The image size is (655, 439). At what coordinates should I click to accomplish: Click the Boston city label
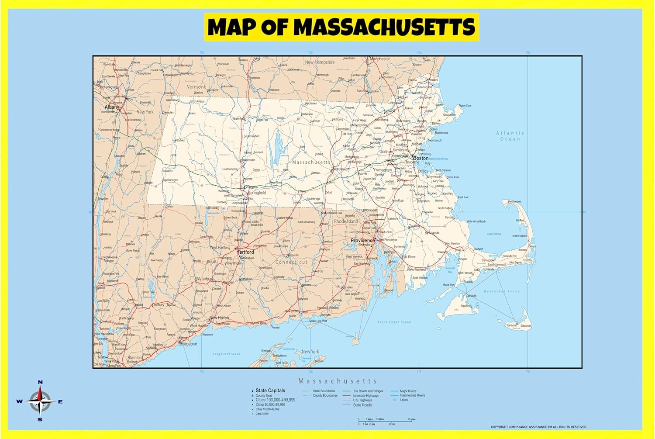(421, 158)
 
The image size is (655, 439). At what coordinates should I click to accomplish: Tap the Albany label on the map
(112, 107)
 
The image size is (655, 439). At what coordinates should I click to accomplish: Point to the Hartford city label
(245, 252)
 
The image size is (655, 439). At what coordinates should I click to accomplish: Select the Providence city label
(362, 240)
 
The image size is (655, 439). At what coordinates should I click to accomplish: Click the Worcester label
(340, 169)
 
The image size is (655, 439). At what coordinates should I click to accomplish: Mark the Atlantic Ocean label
(510, 136)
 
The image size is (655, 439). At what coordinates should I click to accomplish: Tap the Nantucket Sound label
(502, 291)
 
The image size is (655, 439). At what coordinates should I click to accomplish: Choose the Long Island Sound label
(226, 354)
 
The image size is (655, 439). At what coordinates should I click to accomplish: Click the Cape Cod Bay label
(494, 234)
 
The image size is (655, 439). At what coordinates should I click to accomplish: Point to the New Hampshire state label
(320, 62)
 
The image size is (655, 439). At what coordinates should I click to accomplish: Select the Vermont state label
(196, 87)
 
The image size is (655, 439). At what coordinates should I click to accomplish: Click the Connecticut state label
(291, 262)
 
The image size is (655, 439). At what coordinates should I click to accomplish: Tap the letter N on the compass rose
(40, 382)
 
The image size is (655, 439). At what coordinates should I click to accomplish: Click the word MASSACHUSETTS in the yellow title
(384, 27)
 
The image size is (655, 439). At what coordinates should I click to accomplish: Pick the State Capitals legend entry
(270, 391)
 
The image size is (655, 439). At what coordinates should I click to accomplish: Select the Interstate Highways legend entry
(366, 396)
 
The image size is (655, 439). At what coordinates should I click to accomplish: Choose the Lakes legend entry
(404, 400)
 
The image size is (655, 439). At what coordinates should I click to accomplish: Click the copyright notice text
(538, 427)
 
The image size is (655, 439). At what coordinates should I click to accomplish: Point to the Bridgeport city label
(189, 344)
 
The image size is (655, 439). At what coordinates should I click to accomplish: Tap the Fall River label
(409, 257)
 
